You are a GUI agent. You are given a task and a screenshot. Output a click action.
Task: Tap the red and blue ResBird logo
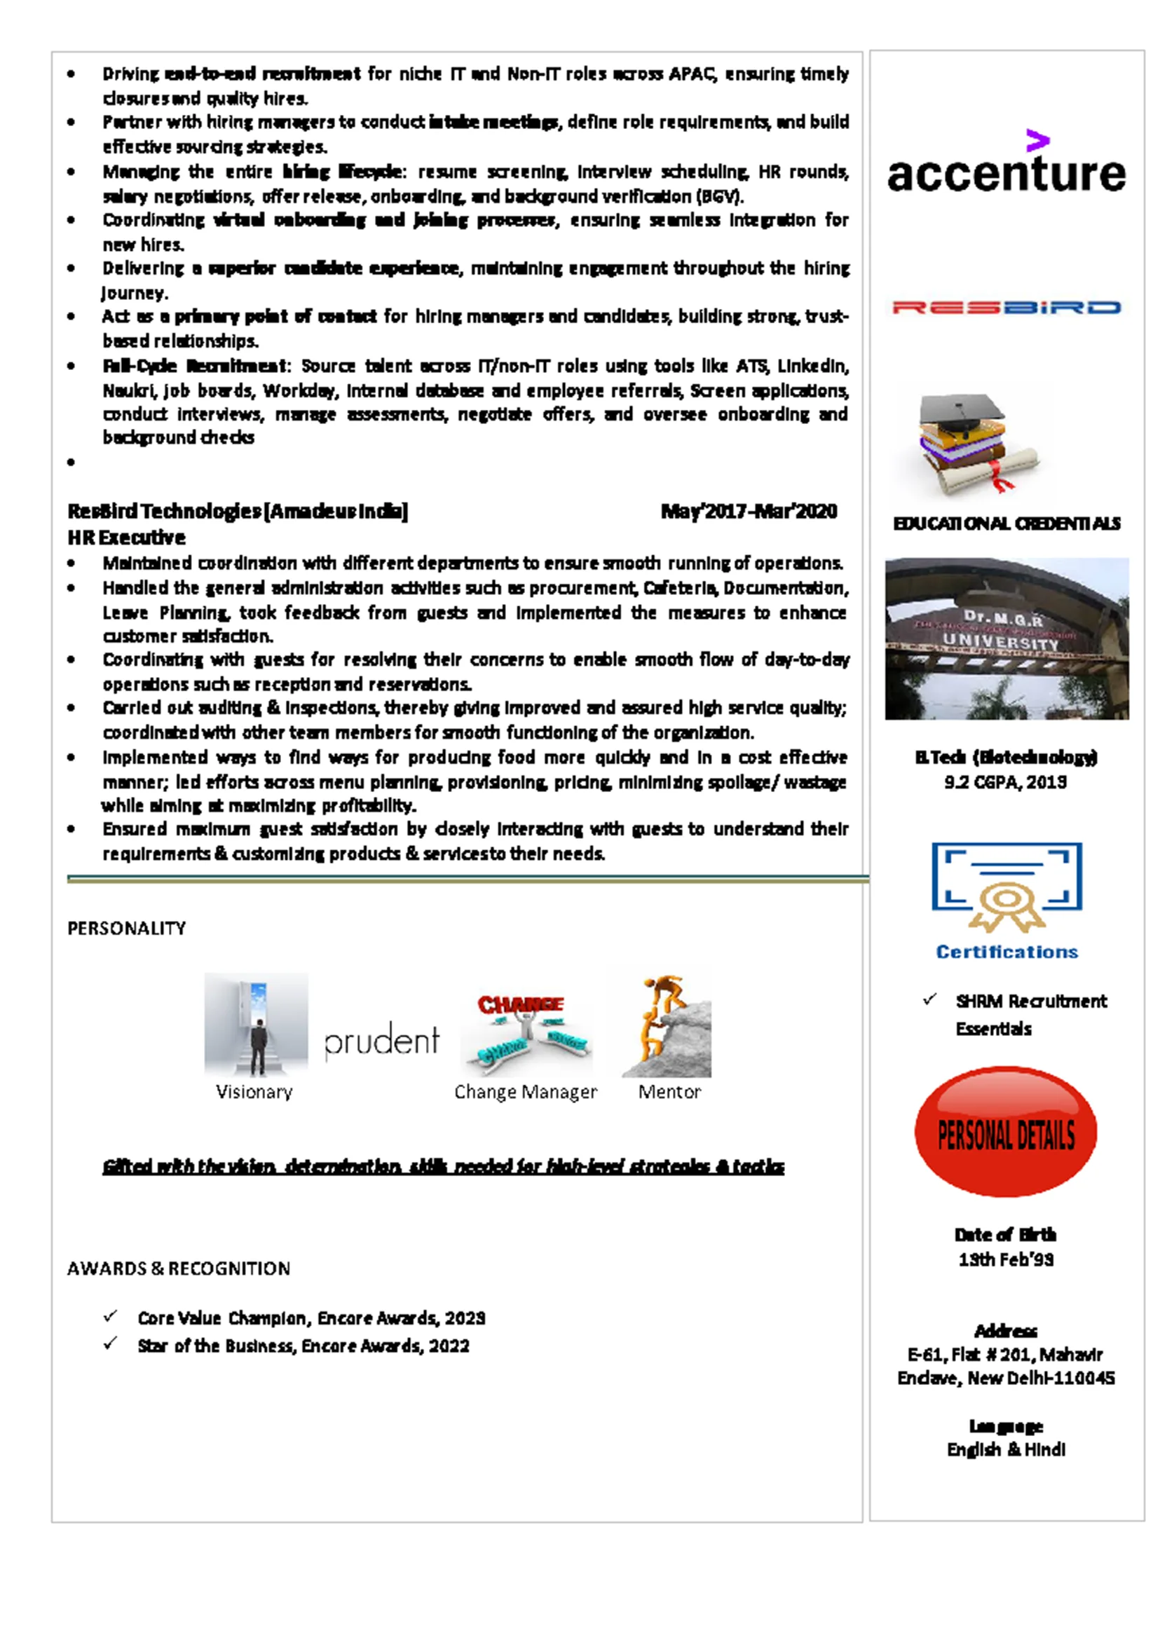pyautogui.click(x=1006, y=308)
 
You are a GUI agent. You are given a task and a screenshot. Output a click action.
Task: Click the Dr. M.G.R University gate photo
pyautogui.click(x=1007, y=638)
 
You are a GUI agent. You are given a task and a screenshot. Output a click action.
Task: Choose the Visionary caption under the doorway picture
pyautogui.click(x=254, y=1092)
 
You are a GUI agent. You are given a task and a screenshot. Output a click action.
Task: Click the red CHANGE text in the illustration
pyautogui.click(x=521, y=1005)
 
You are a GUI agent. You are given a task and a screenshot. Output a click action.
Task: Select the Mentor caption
pyautogui.click(x=669, y=1092)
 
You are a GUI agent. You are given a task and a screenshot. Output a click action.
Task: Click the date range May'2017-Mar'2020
pyautogui.click(x=749, y=512)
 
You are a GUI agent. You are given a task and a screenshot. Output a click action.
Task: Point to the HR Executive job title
pyautogui.click(x=126, y=537)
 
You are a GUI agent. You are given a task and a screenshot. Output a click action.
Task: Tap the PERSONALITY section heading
pyautogui.click(x=126, y=929)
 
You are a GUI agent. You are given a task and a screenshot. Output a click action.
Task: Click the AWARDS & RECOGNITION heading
pyautogui.click(x=179, y=1269)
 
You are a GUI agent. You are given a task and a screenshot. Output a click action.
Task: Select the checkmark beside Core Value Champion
pyautogui.click(x=110, y=1316)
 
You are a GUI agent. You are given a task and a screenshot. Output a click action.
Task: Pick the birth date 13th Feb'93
pyautogui.click(x=1006, y=1259)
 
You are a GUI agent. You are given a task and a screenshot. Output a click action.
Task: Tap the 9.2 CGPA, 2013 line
pyautogui.click(x=1006, y=782)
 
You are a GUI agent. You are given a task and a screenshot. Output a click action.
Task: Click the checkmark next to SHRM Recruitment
pyautogui.click(x=929, y=999)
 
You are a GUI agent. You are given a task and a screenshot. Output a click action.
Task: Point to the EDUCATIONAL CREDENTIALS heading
pyautogui.click(x=1007, y=524)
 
